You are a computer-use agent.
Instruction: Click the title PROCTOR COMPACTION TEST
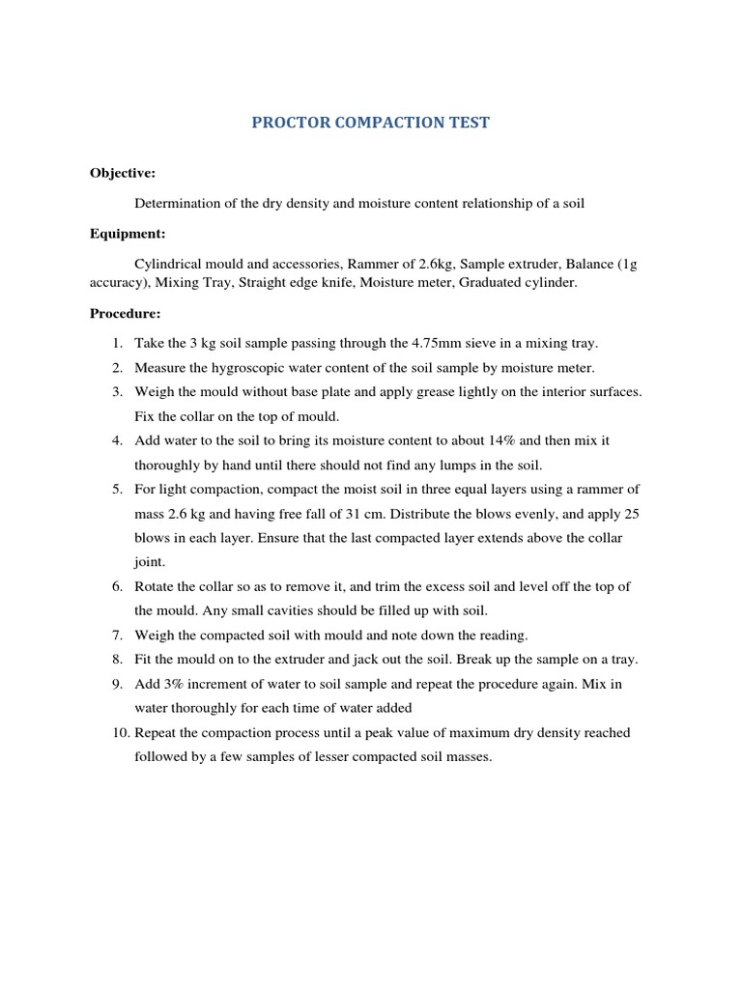[x=371, y=124]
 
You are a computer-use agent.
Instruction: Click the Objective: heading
[x=123, y=173]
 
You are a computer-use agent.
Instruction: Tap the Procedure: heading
[x=127, y=313]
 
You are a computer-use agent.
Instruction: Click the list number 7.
[x=116, y=636]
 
